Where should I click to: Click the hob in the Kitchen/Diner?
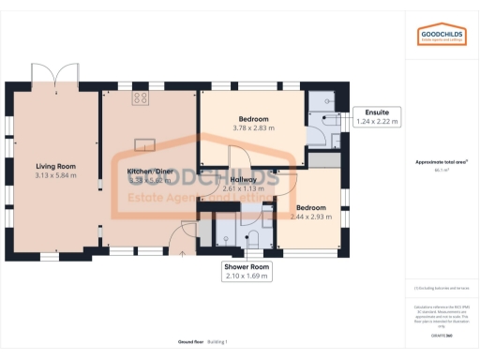click(x=141, y=97)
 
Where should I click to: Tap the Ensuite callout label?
click(x=377, y=112)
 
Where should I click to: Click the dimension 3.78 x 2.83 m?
click(x=252, y=128)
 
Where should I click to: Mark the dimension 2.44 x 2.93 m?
click(x=311, y=217)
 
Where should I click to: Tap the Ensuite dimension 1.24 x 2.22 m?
click(x=377, y=121)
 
